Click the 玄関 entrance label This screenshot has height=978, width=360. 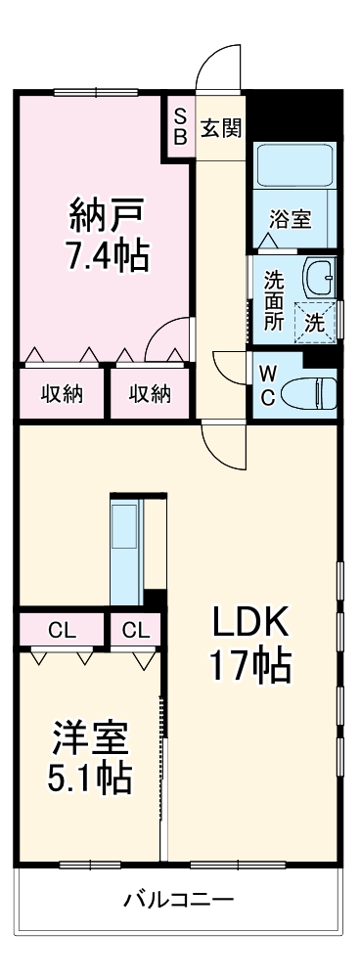click(222, 127)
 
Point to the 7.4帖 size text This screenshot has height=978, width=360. click(107, 257)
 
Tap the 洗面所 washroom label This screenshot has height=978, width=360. click(273, 298)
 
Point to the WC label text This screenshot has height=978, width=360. click(267, 384)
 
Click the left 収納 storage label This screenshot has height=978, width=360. click(61, 393)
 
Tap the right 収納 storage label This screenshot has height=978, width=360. click(150, 393)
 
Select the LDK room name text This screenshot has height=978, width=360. click(248, 622)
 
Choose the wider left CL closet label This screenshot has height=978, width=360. click(61, 629)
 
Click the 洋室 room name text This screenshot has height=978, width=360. click(90, 733)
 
